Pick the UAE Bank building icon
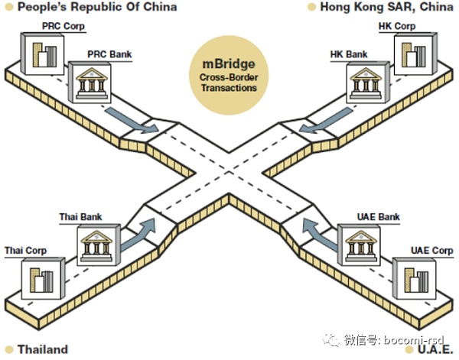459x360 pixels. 359,242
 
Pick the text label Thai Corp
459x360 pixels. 25,251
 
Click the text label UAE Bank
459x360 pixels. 379,217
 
